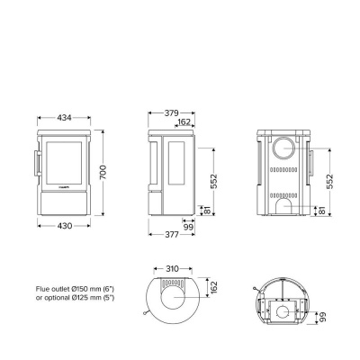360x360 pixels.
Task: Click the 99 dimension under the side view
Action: pyautogui.click(x=187, y=228)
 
